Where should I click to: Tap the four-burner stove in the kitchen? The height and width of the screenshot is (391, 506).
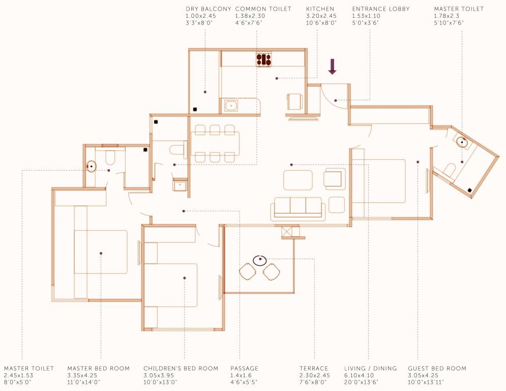(x=263, y=60)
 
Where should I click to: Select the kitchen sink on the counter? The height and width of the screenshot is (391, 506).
(x=231, y=106)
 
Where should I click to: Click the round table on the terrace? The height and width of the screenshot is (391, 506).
(x=259, y=260)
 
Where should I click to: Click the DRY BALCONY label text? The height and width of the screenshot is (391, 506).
(x=209, y=9)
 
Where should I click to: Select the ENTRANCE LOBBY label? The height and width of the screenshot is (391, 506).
(x=380, y=9)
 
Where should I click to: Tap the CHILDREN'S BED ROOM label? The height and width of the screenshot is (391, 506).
(x=181, y=368)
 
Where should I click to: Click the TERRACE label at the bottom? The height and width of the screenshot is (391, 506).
(x=314, y=368)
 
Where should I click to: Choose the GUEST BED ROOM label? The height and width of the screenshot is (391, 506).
(x=437, y=368)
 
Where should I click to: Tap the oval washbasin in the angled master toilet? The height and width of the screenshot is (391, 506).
(x=462, y=142)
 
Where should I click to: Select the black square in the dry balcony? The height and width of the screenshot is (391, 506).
(x=195, y=109)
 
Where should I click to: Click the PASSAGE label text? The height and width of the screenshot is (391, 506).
(x=244, y=368)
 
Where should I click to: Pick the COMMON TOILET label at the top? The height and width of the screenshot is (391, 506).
(x=263, y=9)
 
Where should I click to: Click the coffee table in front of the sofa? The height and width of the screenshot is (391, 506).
(x=298, y=180)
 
